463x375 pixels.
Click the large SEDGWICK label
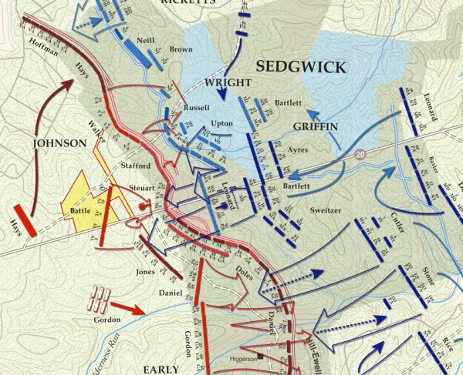click(300, 68)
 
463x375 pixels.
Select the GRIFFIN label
click(313, 127)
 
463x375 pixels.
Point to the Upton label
click(221, 123)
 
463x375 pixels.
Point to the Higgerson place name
click(243, 359)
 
